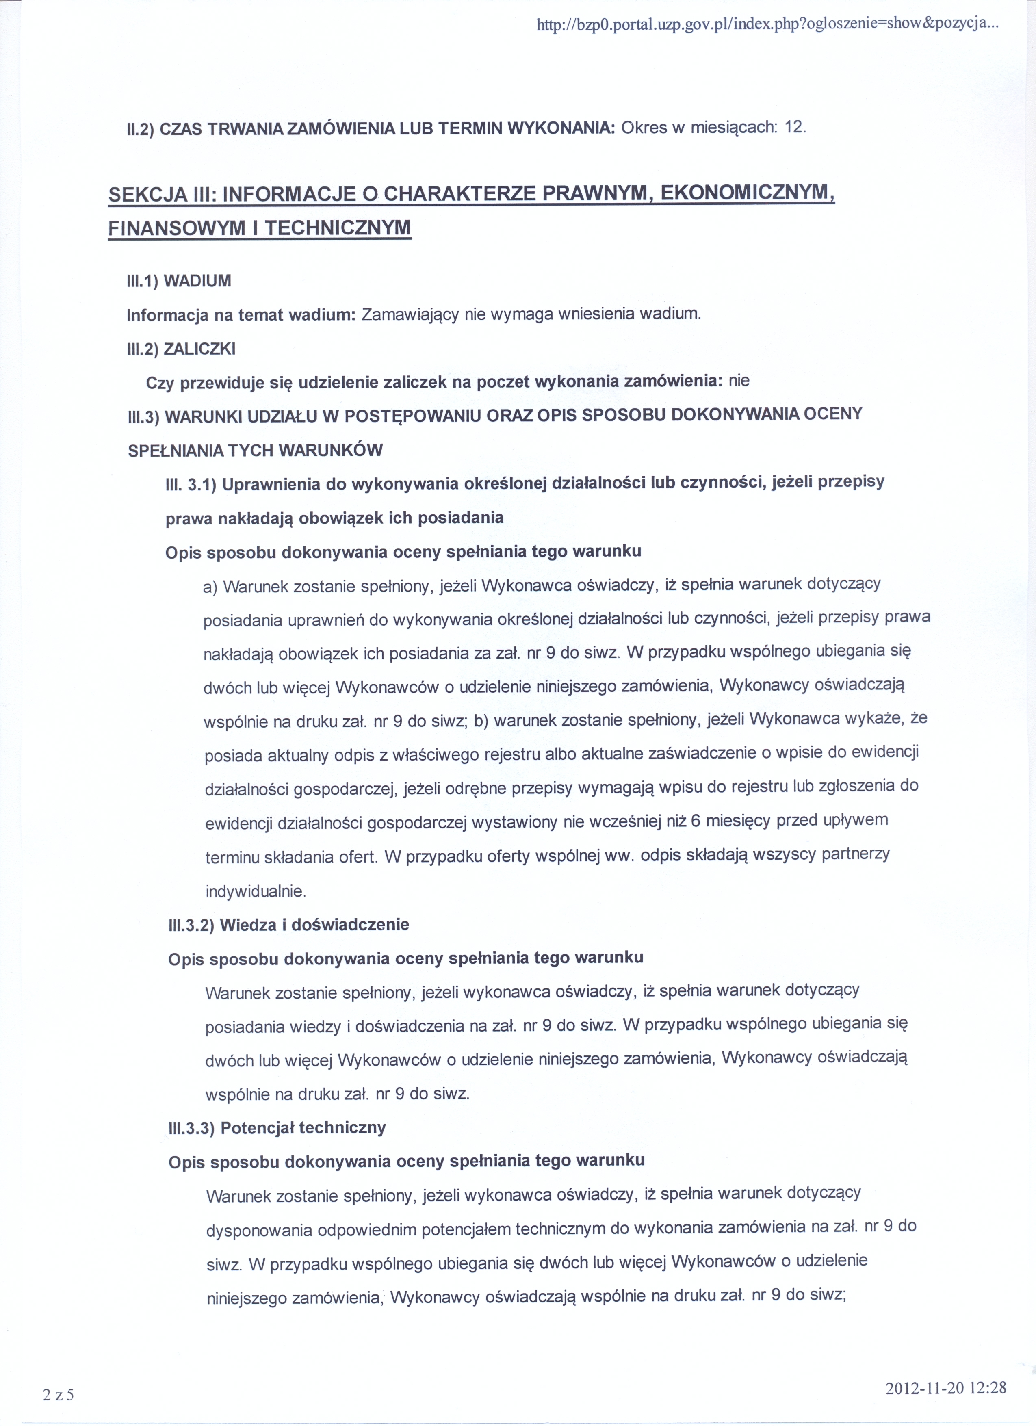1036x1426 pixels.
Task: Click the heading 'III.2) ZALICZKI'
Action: click(x=181, y=349)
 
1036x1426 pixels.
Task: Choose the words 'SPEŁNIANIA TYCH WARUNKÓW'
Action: click(x=255, y=451)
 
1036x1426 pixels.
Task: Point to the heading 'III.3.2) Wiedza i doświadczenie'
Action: click(x=288, y=924)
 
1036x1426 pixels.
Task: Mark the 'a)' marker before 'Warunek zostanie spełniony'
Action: click(x=210, y=588)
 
